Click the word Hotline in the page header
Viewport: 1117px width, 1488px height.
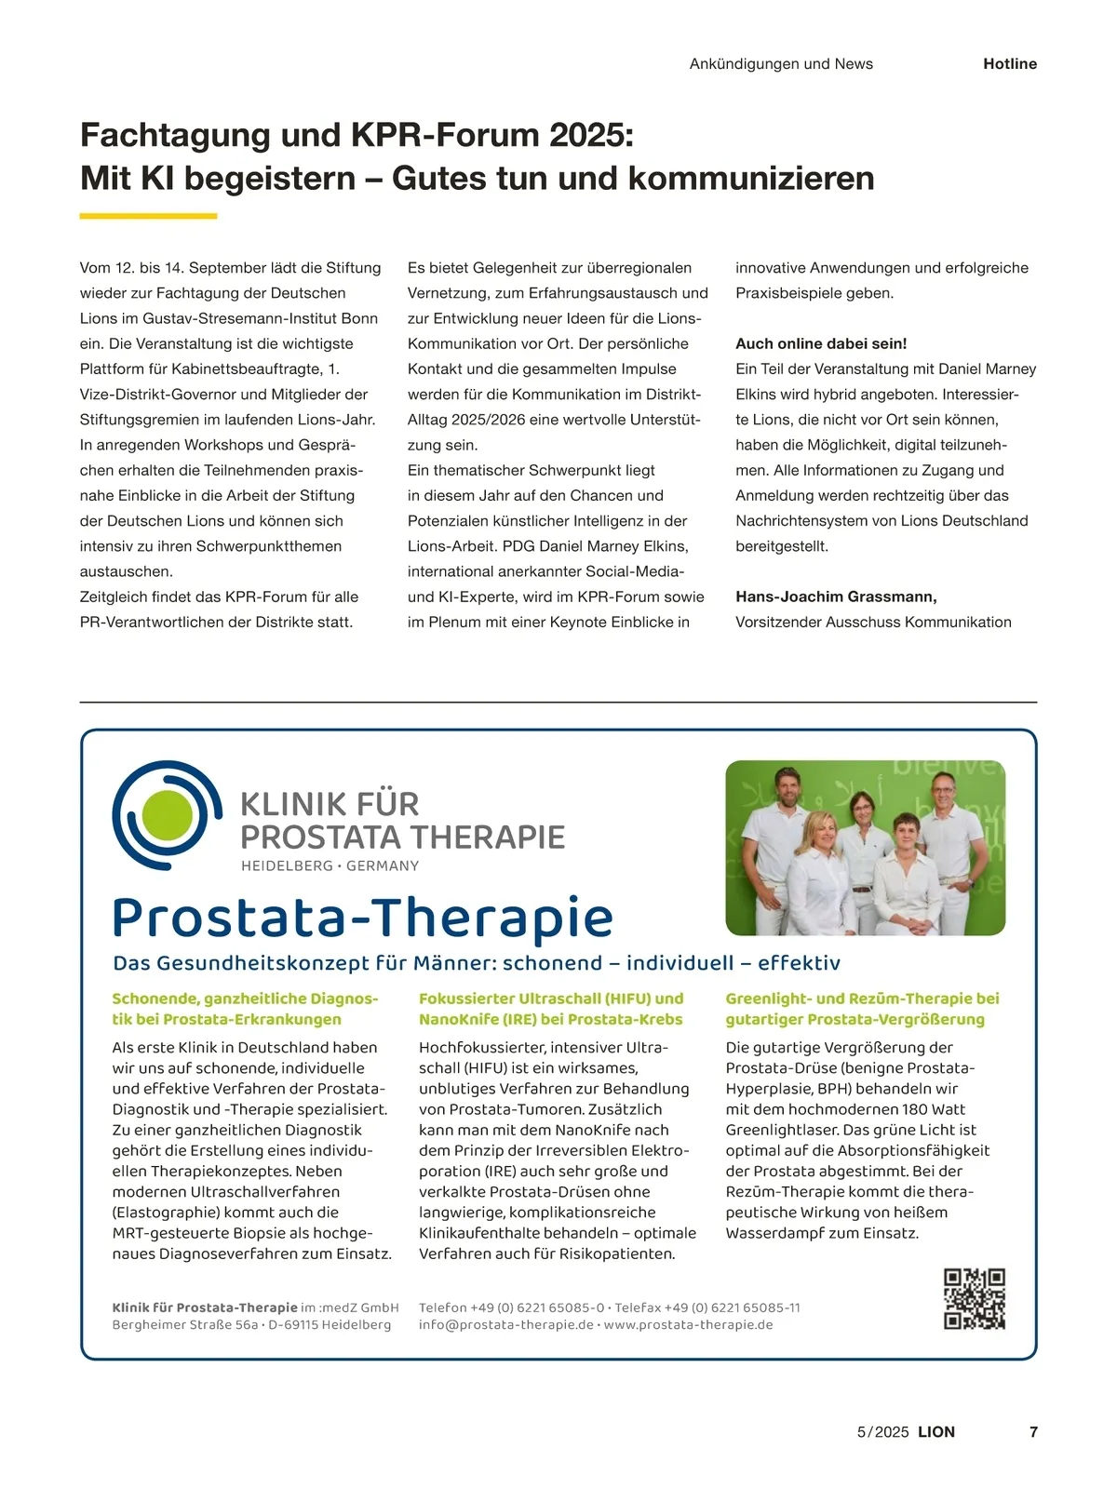click(1009, 64)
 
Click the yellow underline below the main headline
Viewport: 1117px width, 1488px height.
click(148, 216)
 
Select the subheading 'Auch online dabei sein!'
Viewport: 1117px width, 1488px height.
click(821, 343)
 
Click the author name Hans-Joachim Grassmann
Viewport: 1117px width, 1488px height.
click(836, 597)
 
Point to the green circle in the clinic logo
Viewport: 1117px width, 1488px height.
click(167, 815)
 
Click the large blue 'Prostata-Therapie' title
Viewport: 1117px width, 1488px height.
click(362, 918)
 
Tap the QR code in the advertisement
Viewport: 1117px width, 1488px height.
click(975, 1298)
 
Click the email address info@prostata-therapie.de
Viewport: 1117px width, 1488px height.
click(505, 1325)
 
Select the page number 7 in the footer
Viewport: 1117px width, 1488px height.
click(1033, 1432)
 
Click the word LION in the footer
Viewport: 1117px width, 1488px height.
click(936, 1432)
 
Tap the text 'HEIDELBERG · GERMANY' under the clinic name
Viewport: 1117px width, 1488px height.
click(330, 866)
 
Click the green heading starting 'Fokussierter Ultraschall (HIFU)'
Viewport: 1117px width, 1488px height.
click(551, 1009)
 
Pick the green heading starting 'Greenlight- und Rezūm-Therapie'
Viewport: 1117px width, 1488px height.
click(862, 1009)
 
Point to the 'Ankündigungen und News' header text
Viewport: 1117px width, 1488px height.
click(781, 64)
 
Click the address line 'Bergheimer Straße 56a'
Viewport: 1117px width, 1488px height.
click(184, 1325)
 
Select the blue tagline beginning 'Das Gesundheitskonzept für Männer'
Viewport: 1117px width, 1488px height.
click(476, 963)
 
